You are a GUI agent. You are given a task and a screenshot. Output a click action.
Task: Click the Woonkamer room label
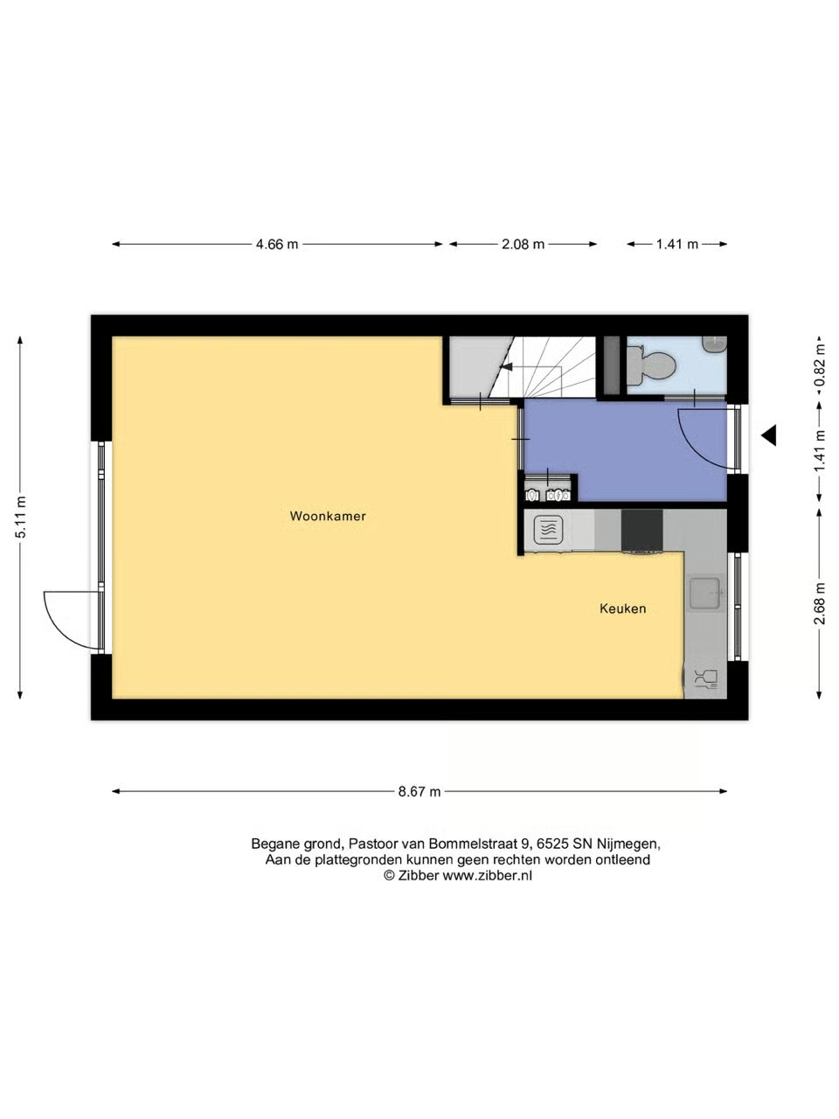(328, 516)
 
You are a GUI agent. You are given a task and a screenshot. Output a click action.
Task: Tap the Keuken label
(622, 608)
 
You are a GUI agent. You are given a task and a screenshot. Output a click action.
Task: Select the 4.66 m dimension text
(277, 244)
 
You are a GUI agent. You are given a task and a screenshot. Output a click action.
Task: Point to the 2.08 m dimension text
(524, 244)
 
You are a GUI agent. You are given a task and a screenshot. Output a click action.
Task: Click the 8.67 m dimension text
(419, 792)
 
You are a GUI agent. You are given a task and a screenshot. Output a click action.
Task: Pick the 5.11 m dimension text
(20, 517)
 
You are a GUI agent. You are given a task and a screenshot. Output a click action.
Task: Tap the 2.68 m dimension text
(819, 603)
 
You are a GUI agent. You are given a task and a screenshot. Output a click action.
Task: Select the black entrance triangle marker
(769, 435)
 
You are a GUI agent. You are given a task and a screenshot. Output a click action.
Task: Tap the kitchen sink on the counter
(705, 594)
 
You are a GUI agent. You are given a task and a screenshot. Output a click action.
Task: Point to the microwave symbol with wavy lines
(548, 528)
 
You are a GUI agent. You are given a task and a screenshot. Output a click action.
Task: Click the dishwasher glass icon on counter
(706, 678)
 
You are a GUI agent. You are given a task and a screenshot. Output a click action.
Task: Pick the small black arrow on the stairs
(506, 365)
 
